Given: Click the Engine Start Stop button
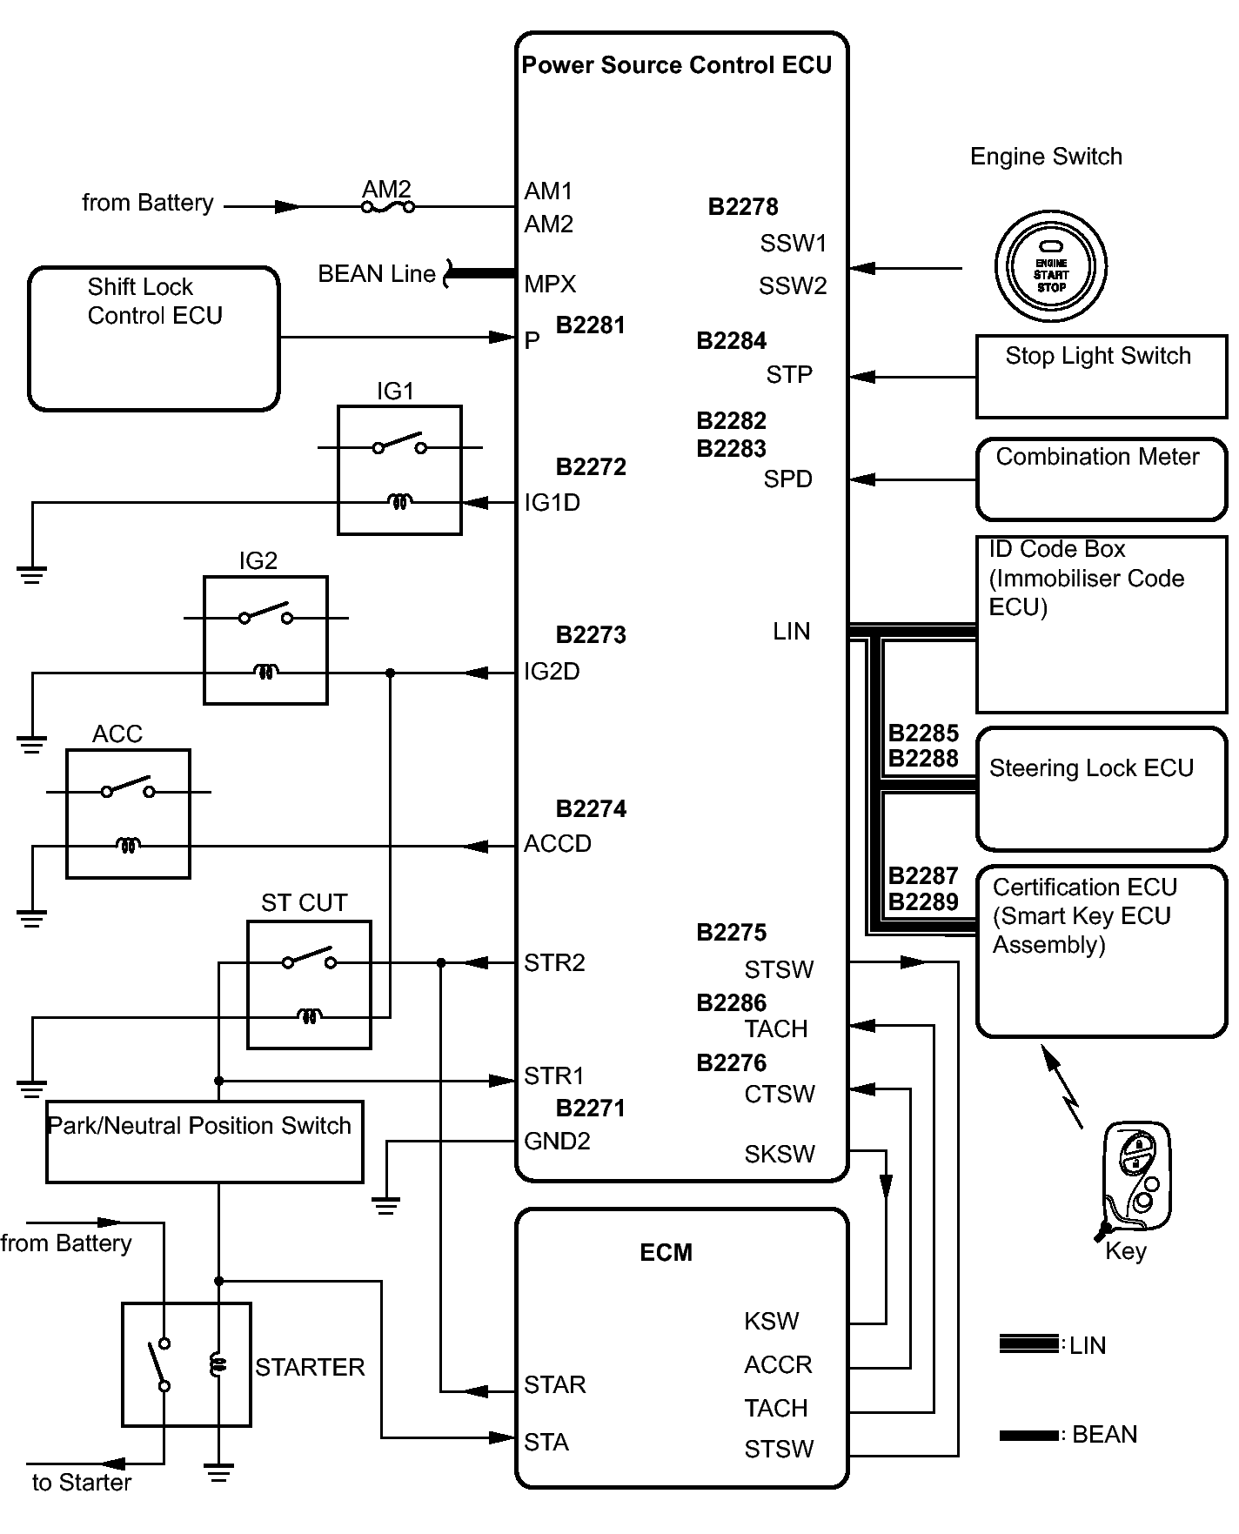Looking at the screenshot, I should pyautogui.click(x=1050, y=266).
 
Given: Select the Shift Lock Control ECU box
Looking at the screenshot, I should pyautogui.click(x=154, y=338).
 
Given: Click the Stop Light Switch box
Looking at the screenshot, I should pyautogui.click(x=1101, y=376).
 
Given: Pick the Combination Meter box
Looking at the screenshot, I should pyautogui.click(x=1101, y=479).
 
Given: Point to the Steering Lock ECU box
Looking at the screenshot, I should pyautogui.click(x=1101, y=788).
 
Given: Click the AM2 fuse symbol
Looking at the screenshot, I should pyautogui.click(x=388, y=207).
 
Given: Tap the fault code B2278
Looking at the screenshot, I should pyautogui.click(x=743, y=207).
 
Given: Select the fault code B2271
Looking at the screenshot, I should pyautogui.click(x=591, y=1109).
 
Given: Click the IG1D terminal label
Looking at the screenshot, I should pyautogui.click(x=552, y=503).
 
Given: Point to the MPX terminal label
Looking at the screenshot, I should pyautogui.click(x=550, y=285).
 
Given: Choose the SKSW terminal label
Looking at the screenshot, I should pyautogui.click(x=780, y=1155).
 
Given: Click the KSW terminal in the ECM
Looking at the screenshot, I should pyautogui.click(x=771, y=1322).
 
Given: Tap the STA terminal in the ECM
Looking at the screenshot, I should pyautogui.click(x=546, y=1443).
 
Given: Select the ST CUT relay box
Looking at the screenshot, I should pyautogui.click(x=309, y=984).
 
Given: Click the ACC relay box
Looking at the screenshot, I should pyautogui.click(x=128, y=814).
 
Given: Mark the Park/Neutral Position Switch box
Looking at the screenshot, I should pyautogui.click(x=204, y=1142).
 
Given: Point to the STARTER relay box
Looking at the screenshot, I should pyautogui.click(x=186, y=1364).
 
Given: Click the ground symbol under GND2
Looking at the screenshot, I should pyautogui.click(x=385, y=1206).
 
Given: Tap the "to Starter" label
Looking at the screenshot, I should pyautogui.click(x=82, y=1483).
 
